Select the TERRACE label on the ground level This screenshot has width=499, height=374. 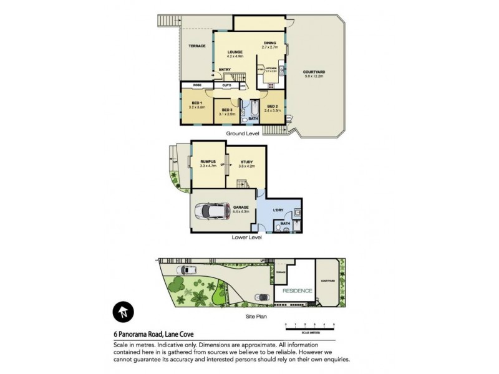(x=197, y=46)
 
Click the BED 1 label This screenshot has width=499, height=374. (x=196, y=103)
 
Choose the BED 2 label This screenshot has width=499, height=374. (x=273, y=106)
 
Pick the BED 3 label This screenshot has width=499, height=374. (x=227, y=110)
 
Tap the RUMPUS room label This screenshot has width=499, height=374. (x=208, y=161)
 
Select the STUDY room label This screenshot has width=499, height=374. (x=247, y=162)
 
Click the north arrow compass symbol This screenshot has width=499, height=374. (x=123, y=312)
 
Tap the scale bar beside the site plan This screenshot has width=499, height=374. (x=310, y=327)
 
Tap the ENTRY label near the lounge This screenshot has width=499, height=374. (x=225, y=70)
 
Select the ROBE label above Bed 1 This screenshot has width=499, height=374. (x=197, y=85)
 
